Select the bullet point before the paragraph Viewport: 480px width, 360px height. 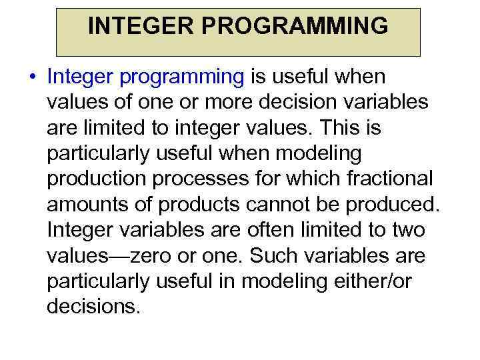pos(32,77)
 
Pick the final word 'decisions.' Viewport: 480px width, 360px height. pos(94,307)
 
